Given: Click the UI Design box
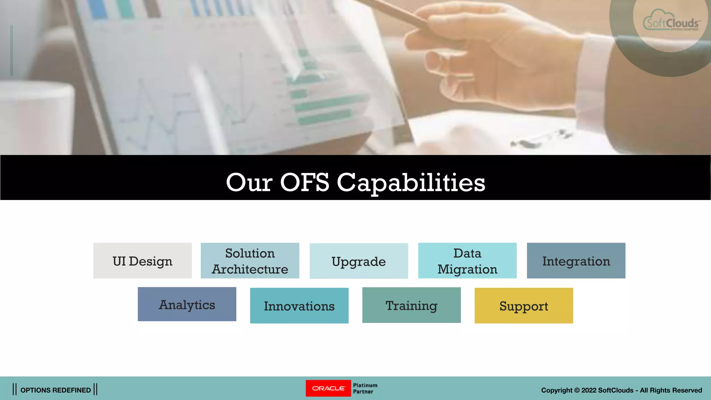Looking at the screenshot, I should pyautogui.click(x=142, y=261).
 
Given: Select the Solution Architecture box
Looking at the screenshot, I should pyautogui.click(x=250, y=261).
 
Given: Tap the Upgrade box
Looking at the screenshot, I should pyautogui.click(x=359, y=261).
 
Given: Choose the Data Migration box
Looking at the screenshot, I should pyautogui.click(x=467, y=261).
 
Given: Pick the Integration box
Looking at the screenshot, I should pyautogui.click(x=576, y=261).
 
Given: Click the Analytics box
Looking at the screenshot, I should pyautogui.click(x=187, y=304).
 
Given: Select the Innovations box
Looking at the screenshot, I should pyautogui.click(x=299, y=306).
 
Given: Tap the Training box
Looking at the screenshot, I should pyautogui.click(x=411, y=305).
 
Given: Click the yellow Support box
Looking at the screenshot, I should pyautogui.click(x=524, y=306).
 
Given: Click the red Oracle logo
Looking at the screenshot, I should pyautogui.click(x=328, y=388).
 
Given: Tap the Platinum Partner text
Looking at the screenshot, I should pyautogui.click(x=365, y=388).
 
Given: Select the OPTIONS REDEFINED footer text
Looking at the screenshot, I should pyautogui.click(x=56, y=390).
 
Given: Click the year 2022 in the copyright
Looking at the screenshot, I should pyautogui.click(x=589, y=390).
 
